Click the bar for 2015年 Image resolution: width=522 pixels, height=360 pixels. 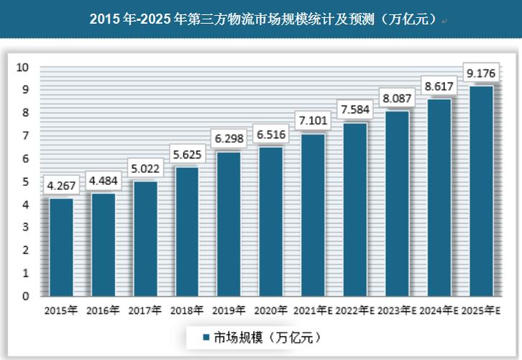[60, 247]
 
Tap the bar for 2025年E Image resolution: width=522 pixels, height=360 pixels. [481, 191]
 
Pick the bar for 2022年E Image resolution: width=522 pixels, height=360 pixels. [355, 210]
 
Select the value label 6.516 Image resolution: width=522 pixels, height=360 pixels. [271, 134]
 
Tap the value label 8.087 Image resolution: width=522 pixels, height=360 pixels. [397, 96]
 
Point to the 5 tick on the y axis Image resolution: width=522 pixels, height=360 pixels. [24, 181]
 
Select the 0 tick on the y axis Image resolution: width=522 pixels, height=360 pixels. [24, 296]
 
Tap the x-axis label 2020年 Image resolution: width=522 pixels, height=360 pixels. [270, 311]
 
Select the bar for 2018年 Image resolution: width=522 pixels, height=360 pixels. [187, 232]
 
